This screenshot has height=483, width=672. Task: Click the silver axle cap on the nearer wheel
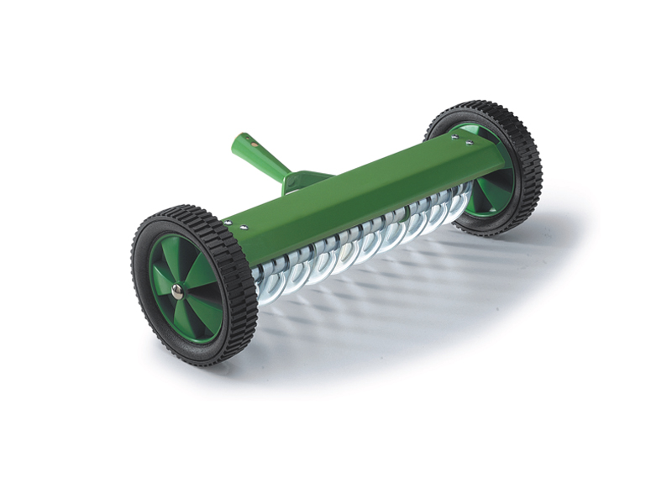(x=177, y=291)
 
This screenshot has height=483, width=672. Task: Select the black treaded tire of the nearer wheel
(x=143, y=252)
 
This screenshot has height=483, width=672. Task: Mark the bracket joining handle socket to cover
(x=302, y=179)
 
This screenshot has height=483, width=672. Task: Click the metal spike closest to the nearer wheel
(x=269, y=277)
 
